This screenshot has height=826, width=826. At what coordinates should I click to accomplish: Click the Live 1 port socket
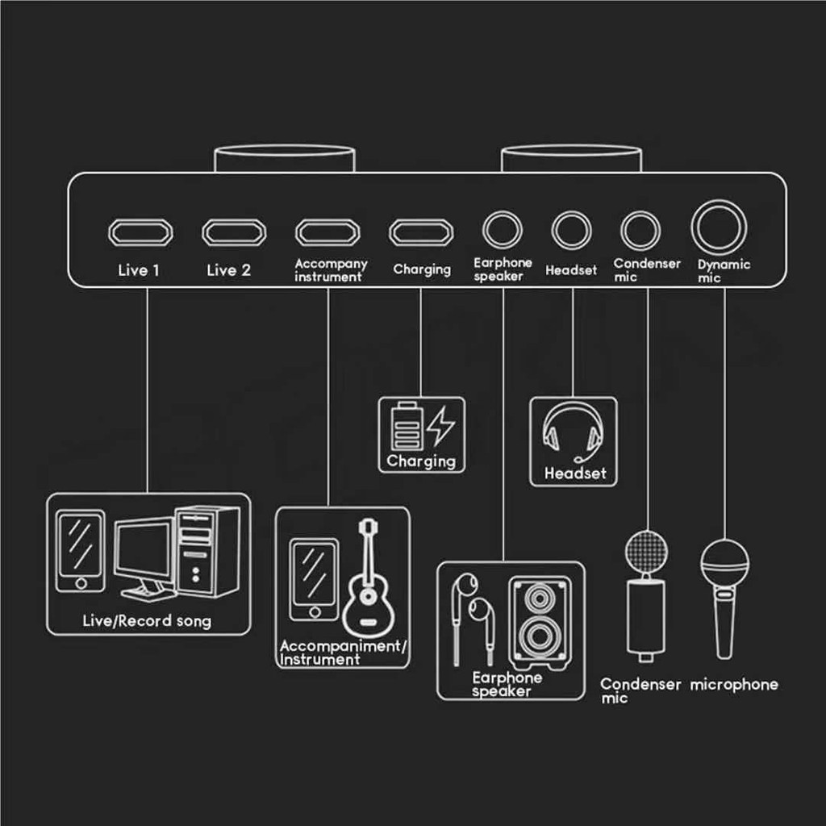pyautogui.click(x=140, y=232)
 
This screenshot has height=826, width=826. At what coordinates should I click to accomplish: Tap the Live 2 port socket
pyautogui.click(x=235, y=232)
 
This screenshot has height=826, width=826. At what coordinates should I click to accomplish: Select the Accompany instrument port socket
pyautogui.click(x=327, y=232)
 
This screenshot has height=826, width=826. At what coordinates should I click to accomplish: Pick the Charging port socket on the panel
pyautogui.click(x=421, y=232)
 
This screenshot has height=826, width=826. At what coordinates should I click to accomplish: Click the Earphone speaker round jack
pyautogui.click(x=503, y=230)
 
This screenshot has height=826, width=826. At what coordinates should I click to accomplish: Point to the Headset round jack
pyautogui.click(x=572, y=230)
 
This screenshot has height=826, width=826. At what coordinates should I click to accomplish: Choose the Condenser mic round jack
pyautogui.click(x=640, y=230)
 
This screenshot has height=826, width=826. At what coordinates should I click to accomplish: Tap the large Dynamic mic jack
pyautogui.click(x=719, y=227)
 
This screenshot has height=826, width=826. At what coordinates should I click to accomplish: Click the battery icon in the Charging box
pyautogui.click(x=407, y=426)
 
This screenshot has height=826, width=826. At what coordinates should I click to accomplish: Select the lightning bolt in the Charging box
pyautogui.click(x=440, y=426)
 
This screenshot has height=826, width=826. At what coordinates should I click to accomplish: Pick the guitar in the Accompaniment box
pyautogui.click(x=368, y=578)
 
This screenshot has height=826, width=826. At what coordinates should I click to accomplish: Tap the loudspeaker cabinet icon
pyautogui.click(x=540, y=624)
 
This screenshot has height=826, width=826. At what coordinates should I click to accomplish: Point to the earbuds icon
pyautogui.click(x=473, y=619)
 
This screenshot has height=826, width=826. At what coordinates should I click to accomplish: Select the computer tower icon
pyautogui.click(x=207, y=551)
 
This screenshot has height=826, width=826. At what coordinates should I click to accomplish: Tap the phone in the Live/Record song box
pyautogui.click(x=81, y=551)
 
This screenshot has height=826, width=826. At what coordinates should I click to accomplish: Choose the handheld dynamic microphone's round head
pyautogui.click(x=725, y=561)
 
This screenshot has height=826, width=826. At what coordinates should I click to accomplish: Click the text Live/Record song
pyautogui.click(x=147, y=621)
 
